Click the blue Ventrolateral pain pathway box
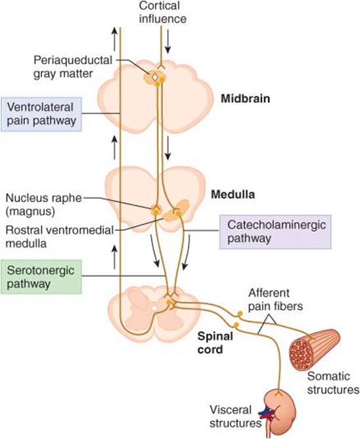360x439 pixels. click(x=41, y=114)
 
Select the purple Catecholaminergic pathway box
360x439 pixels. click(x=275, y=232)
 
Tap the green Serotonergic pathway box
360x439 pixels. click(x=41, y=277)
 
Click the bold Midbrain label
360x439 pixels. click(x=245, y=99)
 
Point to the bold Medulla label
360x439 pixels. click(x=233, y=194)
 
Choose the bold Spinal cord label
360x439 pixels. click(x=215, y=343)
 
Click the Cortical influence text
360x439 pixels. click(x=163, y=12)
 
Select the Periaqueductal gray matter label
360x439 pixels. click(x=73, y=67)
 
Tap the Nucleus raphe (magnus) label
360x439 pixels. click(x=43, y=204)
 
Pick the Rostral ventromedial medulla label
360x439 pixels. click(x=59, y=237)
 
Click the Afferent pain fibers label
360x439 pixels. click(x=276, y=300)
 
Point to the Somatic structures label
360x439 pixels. click(x=333, y=383)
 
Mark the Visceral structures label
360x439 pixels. click(x=236, y=416)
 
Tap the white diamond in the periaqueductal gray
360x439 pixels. click(x=154, y=77)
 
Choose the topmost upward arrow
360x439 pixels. click(x=114, y=39)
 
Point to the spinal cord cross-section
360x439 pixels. click(x=154, y=314)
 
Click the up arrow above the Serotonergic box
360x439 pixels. click(x=114, y=257)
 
